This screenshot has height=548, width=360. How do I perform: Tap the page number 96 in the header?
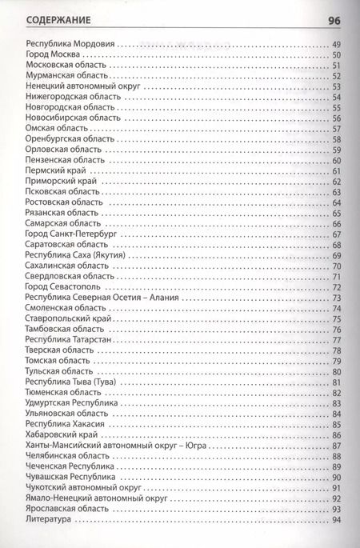tap(335, 19)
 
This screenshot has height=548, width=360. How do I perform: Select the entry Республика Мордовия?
tap(70, 43)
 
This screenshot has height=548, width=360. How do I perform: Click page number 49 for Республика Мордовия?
tap(336, 43)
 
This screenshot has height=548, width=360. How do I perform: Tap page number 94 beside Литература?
tap(336, 519)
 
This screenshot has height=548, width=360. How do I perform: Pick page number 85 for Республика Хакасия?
tap(336, 424)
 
